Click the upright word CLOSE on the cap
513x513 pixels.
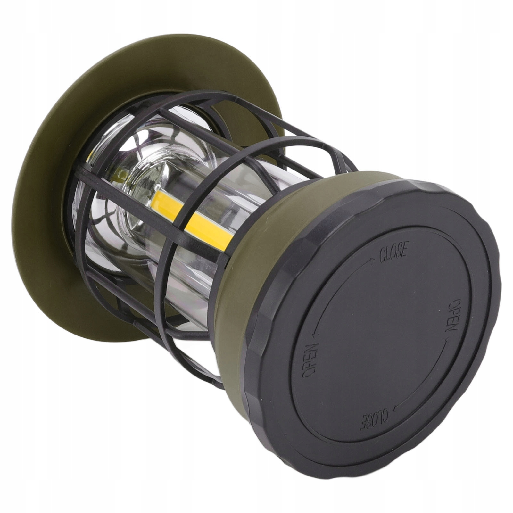[393, 252]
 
